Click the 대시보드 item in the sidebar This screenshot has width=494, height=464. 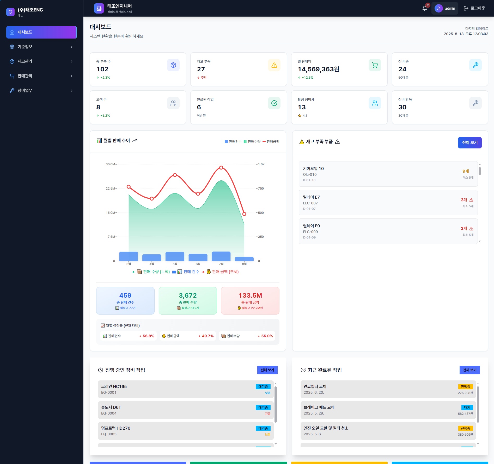(x=41, y=32)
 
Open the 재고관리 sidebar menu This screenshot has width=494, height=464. (x=41, y=61)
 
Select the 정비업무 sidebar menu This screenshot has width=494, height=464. (x=41, y=91)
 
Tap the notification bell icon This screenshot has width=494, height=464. (x=425, y=8)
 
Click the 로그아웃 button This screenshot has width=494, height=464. (x=474, y=8)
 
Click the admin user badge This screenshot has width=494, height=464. (x=445, y=8)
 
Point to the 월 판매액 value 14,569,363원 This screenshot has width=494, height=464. (x=319, y=69)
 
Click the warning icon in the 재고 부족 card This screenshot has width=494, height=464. (x=274, y=65)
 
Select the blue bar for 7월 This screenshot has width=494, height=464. (x=221, y=256)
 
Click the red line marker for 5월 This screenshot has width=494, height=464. (x=175, y=175)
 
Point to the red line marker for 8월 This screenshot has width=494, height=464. (x=244, y=214)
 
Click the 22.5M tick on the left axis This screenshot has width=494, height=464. (x=110, y=189)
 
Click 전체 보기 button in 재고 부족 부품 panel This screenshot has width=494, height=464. (x=470, y=143)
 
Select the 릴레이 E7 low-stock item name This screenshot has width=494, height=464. (x=311, y=197)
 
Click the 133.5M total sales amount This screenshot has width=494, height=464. (x=250, y=296)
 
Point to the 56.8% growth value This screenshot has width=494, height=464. (x=148, y=336)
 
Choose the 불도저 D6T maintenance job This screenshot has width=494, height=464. (x=186, y=410)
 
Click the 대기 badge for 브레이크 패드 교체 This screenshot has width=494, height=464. (x=467, y=407)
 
